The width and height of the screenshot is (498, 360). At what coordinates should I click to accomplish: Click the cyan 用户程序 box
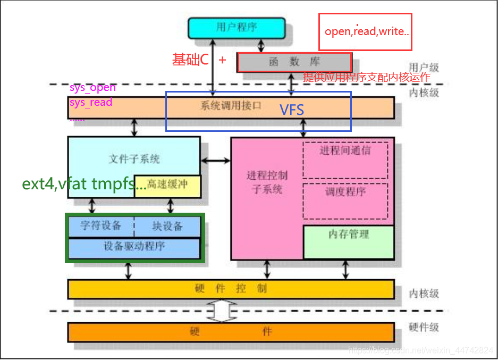pos(237,28)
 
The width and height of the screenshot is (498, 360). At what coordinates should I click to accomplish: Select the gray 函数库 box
pos(294,62)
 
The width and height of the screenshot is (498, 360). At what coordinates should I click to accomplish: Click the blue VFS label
pos(292,110)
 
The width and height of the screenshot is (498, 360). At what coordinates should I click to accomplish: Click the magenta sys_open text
pos(92,88)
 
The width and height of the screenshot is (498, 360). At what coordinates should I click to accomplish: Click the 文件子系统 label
pos(134,158)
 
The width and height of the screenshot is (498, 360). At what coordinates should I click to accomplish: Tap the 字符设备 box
pos(100,226)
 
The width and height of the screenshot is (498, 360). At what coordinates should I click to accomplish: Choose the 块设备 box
pos(167,226)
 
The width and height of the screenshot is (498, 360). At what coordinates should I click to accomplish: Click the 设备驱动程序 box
pos(134,247)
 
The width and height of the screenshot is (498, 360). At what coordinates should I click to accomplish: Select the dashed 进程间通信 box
pos(345,160)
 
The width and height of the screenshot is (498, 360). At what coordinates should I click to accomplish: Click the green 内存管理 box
pos(348,241)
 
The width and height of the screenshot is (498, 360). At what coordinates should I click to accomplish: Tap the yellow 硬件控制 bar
pos(231,289)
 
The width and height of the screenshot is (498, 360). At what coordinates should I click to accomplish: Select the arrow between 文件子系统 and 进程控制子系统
pos(215,160)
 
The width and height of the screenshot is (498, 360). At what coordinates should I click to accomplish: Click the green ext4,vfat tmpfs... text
pos(84,184)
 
